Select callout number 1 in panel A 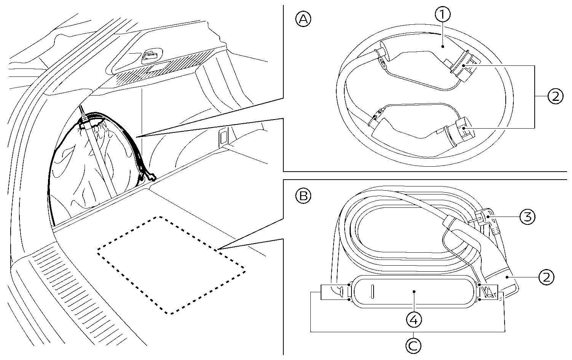[443, 15]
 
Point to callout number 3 [527, 217]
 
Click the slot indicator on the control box [373, 292]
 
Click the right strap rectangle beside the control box [490, 292]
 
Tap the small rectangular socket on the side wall [223, 137]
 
